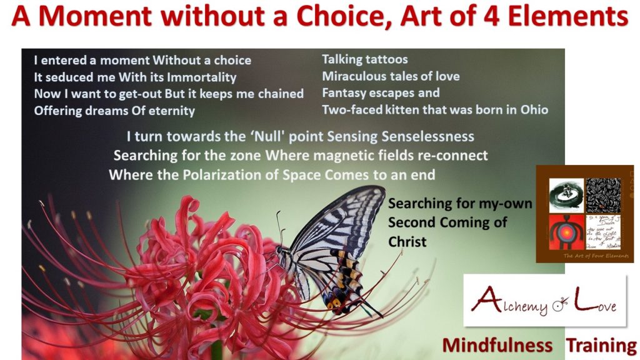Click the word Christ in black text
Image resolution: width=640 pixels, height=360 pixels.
click(x=407, y=241)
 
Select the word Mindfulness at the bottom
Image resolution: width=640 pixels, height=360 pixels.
click(x=497, y=345)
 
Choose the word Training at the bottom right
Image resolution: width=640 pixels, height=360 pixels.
click(x=601, y=345)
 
